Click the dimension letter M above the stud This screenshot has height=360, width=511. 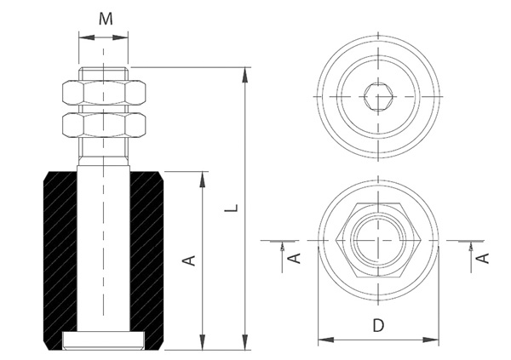(104, 18)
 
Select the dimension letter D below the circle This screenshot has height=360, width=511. (379, 324)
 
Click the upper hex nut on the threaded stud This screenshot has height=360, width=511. (103, 94)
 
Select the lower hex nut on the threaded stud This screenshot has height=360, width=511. (103, 127)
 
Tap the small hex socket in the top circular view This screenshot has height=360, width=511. (378, 97)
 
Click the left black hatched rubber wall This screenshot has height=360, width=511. (59, 255)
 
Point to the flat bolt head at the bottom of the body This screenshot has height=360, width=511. (103, 341)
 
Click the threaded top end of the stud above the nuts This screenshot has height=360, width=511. (103, 73)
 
